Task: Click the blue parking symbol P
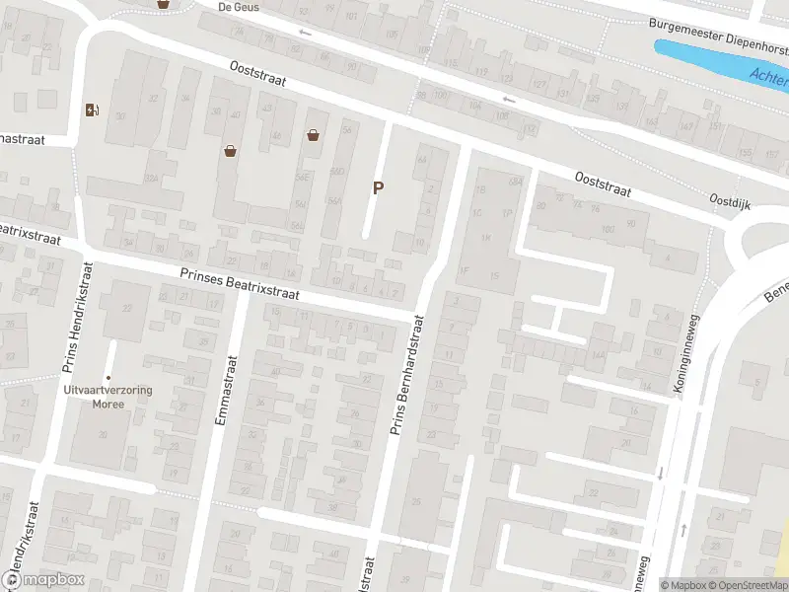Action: (x=377, y=187)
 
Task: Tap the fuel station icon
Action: (x=92, y=110)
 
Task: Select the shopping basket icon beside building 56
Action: (x=314, y=135)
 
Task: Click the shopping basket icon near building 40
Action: (x=231, y=151)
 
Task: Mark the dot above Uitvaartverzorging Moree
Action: (x=108, y=377)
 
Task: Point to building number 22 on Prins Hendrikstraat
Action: (x=127, y=308)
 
